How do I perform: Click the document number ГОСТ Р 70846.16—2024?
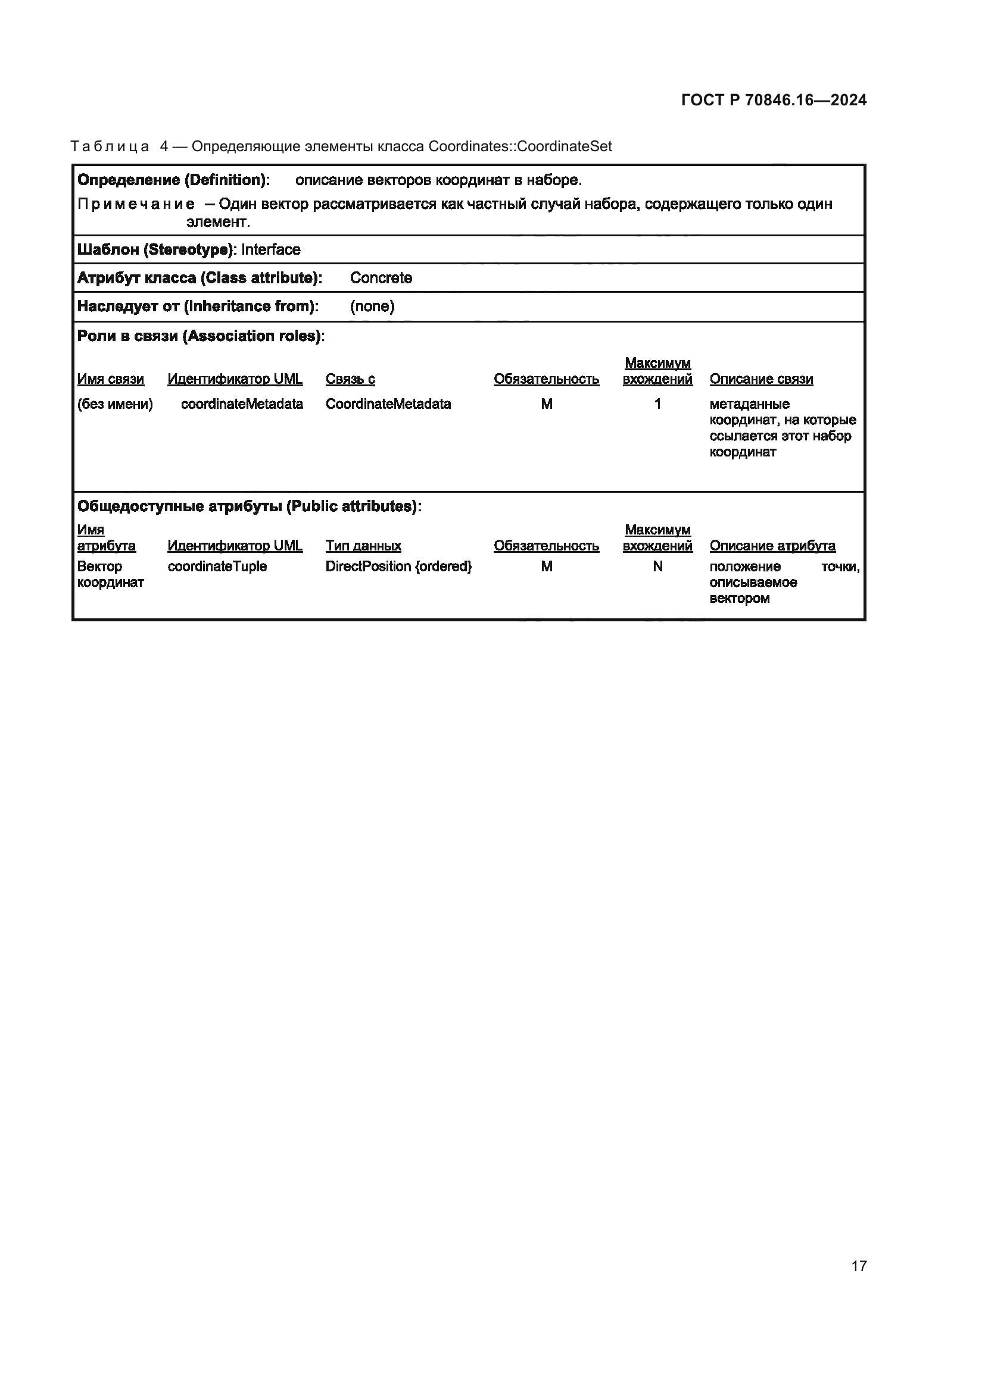774,100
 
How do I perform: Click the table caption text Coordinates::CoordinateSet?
520,146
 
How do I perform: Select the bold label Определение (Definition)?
173,180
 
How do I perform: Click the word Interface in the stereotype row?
270,250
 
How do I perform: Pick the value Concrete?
381,278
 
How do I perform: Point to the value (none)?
372,306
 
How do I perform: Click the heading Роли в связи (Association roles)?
200,336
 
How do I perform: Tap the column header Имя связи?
110,379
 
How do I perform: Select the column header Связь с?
350,379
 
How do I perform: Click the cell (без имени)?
114,403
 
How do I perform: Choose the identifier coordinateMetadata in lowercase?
242,403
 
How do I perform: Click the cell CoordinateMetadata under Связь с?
388,403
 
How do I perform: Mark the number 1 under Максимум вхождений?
657,403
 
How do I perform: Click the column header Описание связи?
761,379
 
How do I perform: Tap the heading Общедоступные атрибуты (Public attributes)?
249,506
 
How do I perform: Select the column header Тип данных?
363,546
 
